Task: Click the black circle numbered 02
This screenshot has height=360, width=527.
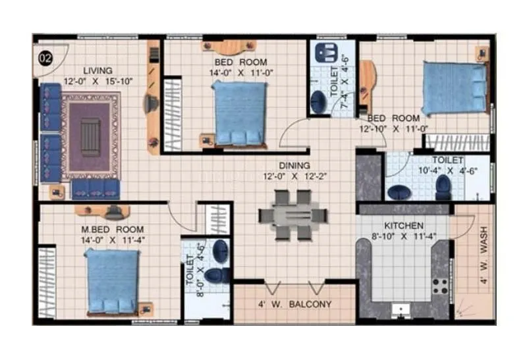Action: coord(45,58)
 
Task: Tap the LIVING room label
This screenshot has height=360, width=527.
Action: coord(97,70)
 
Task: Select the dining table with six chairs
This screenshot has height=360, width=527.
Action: coord(293,215)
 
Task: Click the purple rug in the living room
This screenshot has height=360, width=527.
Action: coord(90,135)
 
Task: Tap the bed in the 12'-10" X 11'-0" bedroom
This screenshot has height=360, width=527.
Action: coord(455,88)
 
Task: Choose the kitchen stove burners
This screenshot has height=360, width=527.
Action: coord(439,286)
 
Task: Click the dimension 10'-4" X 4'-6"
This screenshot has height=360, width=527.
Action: coord(448,170)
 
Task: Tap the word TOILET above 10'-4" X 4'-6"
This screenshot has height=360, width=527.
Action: coord(448,160)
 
